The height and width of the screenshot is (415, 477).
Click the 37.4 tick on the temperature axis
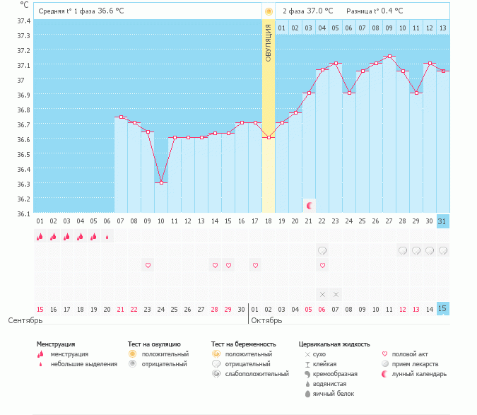pos(23,21)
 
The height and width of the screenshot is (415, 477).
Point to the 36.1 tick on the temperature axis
pos(23,214)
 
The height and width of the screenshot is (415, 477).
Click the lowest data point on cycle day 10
pos(161,183)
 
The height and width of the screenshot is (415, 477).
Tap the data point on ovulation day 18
pos(269,137)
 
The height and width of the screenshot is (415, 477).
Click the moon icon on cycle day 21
pos(310,205)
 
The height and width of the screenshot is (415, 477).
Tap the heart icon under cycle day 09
pos(148,265)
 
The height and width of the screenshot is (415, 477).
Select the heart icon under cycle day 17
pos(255,265)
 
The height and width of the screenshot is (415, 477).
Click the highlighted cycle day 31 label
pos(442,221)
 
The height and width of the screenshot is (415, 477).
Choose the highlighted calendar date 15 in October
pos(442,309)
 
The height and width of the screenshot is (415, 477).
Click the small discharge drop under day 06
pos(107,237)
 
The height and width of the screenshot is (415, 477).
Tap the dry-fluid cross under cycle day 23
pos(336,294)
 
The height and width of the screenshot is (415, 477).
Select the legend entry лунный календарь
pos(420,374)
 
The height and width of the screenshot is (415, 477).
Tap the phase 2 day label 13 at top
pos(442,28)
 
